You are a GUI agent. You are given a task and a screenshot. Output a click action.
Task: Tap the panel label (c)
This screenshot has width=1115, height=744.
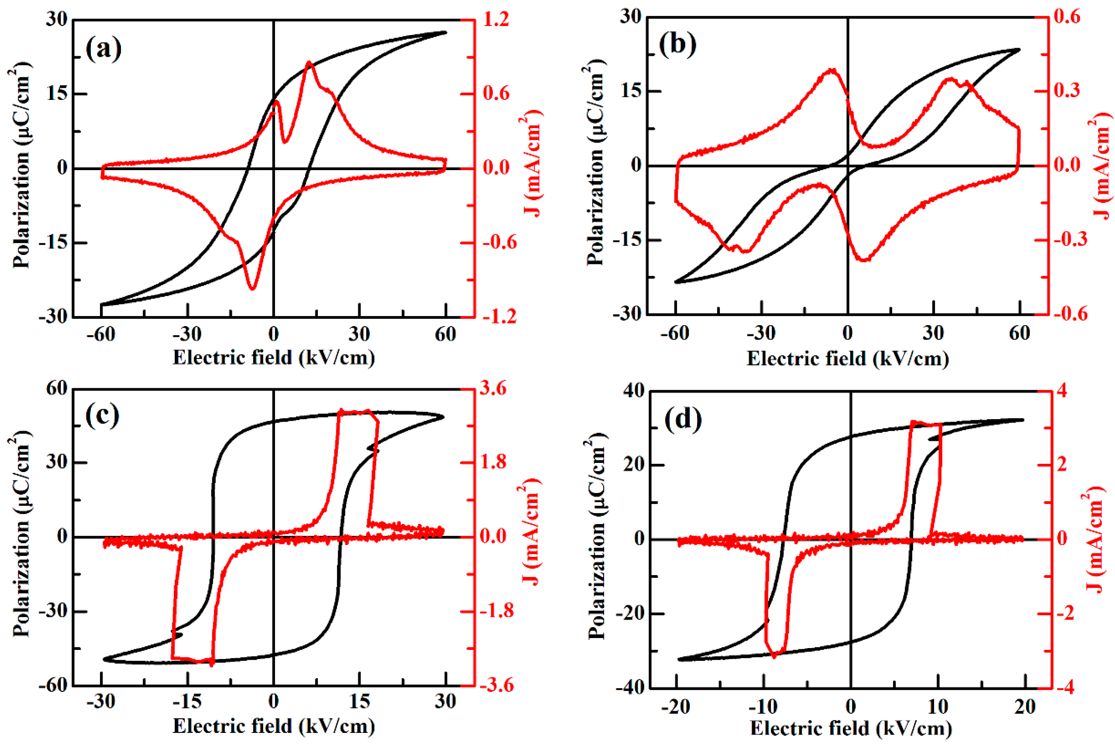pos(103,416)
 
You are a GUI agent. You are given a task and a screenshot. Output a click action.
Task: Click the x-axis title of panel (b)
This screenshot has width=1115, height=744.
pos(847,358)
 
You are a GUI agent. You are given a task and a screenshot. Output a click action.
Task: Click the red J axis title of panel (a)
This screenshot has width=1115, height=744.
pos(533,164)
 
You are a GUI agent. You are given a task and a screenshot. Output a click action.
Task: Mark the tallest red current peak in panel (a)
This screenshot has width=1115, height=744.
pos(309,62)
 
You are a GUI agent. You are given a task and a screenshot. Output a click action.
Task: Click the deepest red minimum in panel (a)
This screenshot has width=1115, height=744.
pos(252,288)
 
